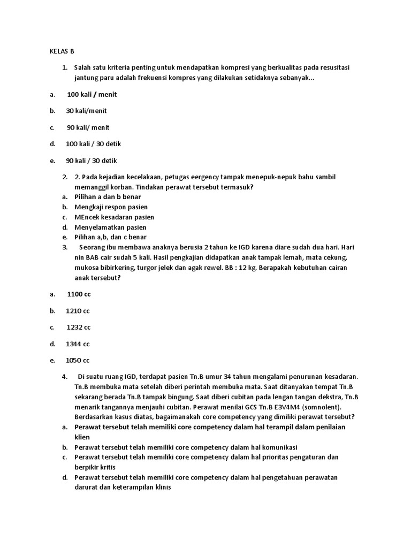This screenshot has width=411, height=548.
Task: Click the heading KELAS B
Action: (x=62, y=51)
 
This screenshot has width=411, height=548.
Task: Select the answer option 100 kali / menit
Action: (x=92, y=95)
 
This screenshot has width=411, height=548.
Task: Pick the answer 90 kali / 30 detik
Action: (x=92, y=161)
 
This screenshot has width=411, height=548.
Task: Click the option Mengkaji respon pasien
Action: (x=111, y=207)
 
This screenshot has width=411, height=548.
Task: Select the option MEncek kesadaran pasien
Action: (x=115, y=217)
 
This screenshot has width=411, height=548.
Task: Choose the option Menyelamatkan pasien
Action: (x=110, y=227)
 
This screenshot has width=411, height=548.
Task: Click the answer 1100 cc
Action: (x=79, y=294)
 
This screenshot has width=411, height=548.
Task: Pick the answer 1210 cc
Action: (x=78, y=310)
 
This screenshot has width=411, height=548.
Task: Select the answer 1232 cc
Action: (x=79, y=327)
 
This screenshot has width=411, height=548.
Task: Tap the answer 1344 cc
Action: (x=78, y=344)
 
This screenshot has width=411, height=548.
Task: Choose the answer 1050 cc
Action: (x=78, y=360)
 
